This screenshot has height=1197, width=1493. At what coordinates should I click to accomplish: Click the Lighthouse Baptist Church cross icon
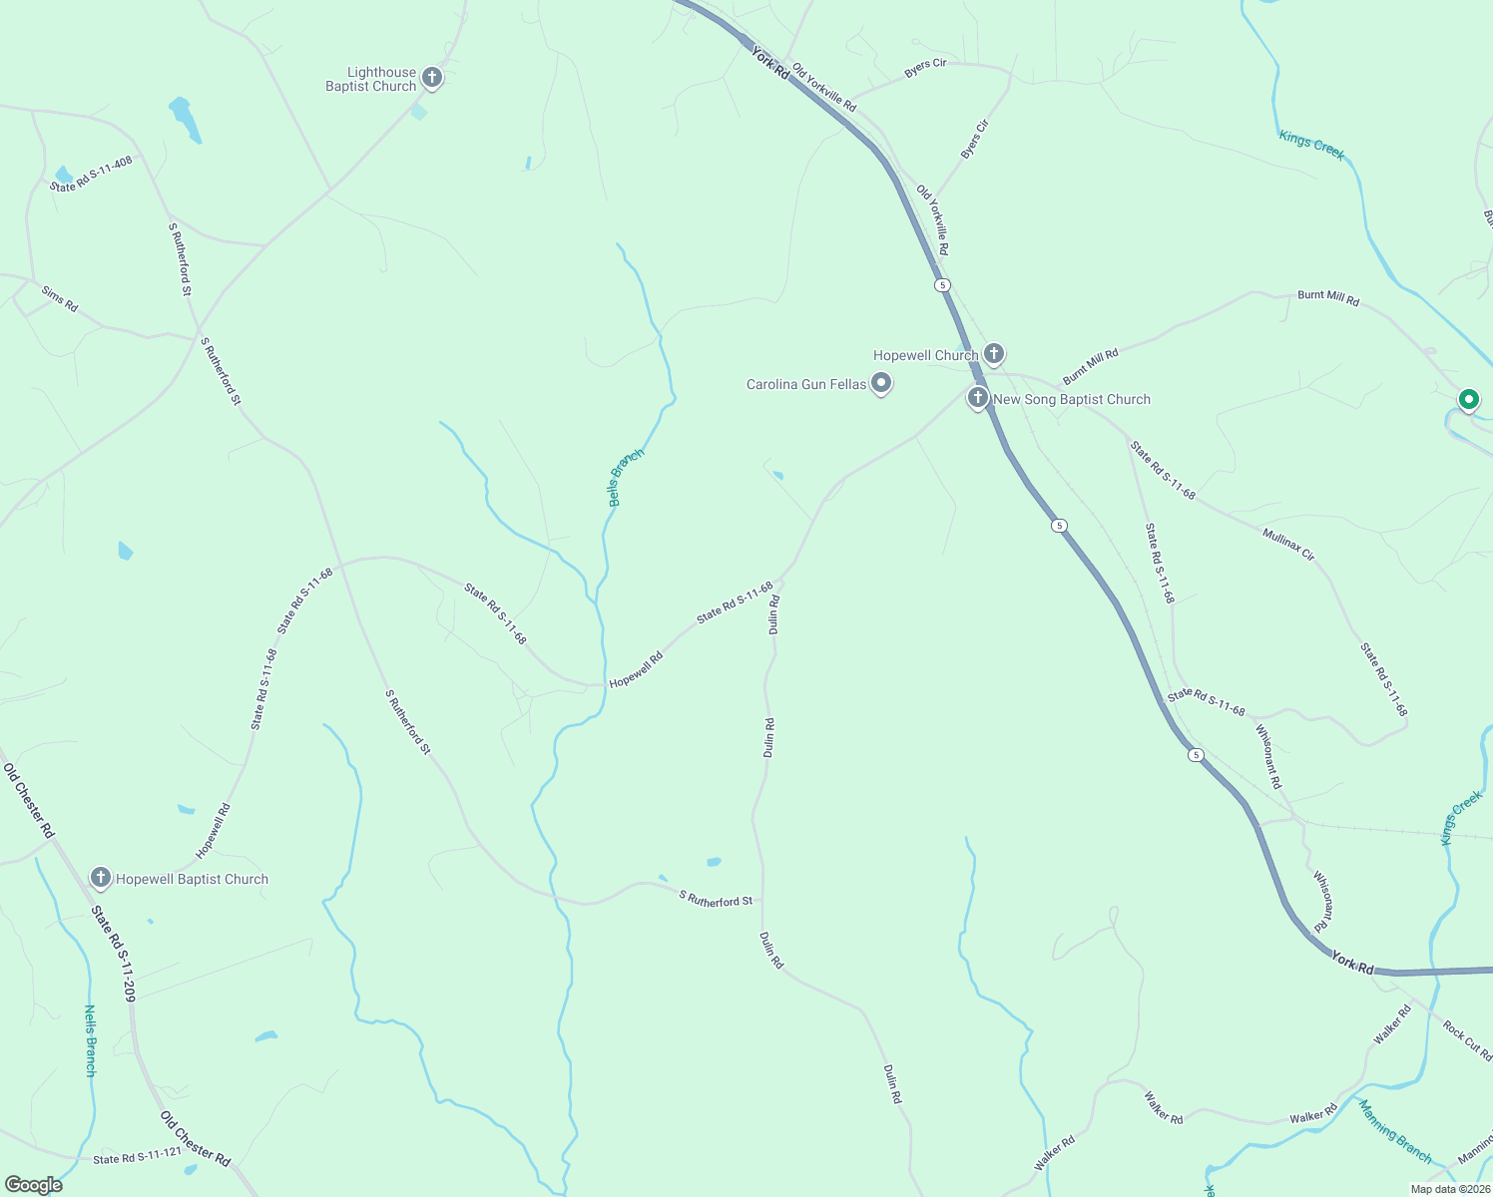(x=431, y=77)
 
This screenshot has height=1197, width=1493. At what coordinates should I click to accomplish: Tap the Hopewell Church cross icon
(x=993, y=353)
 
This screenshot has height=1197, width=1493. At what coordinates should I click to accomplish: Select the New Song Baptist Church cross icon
(x=977, y=398)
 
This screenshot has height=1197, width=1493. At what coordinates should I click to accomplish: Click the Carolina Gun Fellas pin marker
(x=880, y=382)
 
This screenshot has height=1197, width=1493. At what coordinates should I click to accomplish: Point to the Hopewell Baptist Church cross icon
(x=100, y=877)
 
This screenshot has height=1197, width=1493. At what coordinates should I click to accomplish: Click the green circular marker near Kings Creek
(x=1468, y=400)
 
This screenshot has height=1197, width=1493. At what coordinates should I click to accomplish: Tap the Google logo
(x=33, y=1185)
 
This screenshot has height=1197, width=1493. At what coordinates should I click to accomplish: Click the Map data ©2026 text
(x=1449, y=1189)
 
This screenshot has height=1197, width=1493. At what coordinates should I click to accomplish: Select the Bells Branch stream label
(x=626, y=477)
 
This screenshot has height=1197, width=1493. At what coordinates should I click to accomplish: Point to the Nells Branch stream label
(x=90, y=1040)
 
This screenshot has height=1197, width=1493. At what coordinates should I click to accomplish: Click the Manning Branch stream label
(x=1394, y=1131)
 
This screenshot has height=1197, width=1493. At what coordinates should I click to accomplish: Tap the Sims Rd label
(x=59, y=298)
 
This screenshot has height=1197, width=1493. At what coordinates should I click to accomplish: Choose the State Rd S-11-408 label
(x=91, y=174)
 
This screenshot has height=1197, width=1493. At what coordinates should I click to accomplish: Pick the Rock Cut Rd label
(x=1467, y=1040)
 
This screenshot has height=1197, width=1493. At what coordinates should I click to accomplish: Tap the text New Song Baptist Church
(x=1072, y=399)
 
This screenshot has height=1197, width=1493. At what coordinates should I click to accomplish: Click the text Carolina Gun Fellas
(x=806, y=384)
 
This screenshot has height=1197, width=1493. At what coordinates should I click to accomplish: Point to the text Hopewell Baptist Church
(x=192, y=879)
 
